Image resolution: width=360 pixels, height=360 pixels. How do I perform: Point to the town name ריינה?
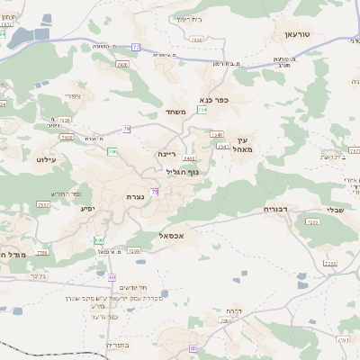tap(167, 154)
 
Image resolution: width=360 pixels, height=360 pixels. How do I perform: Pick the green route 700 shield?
tap(112, 152)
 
